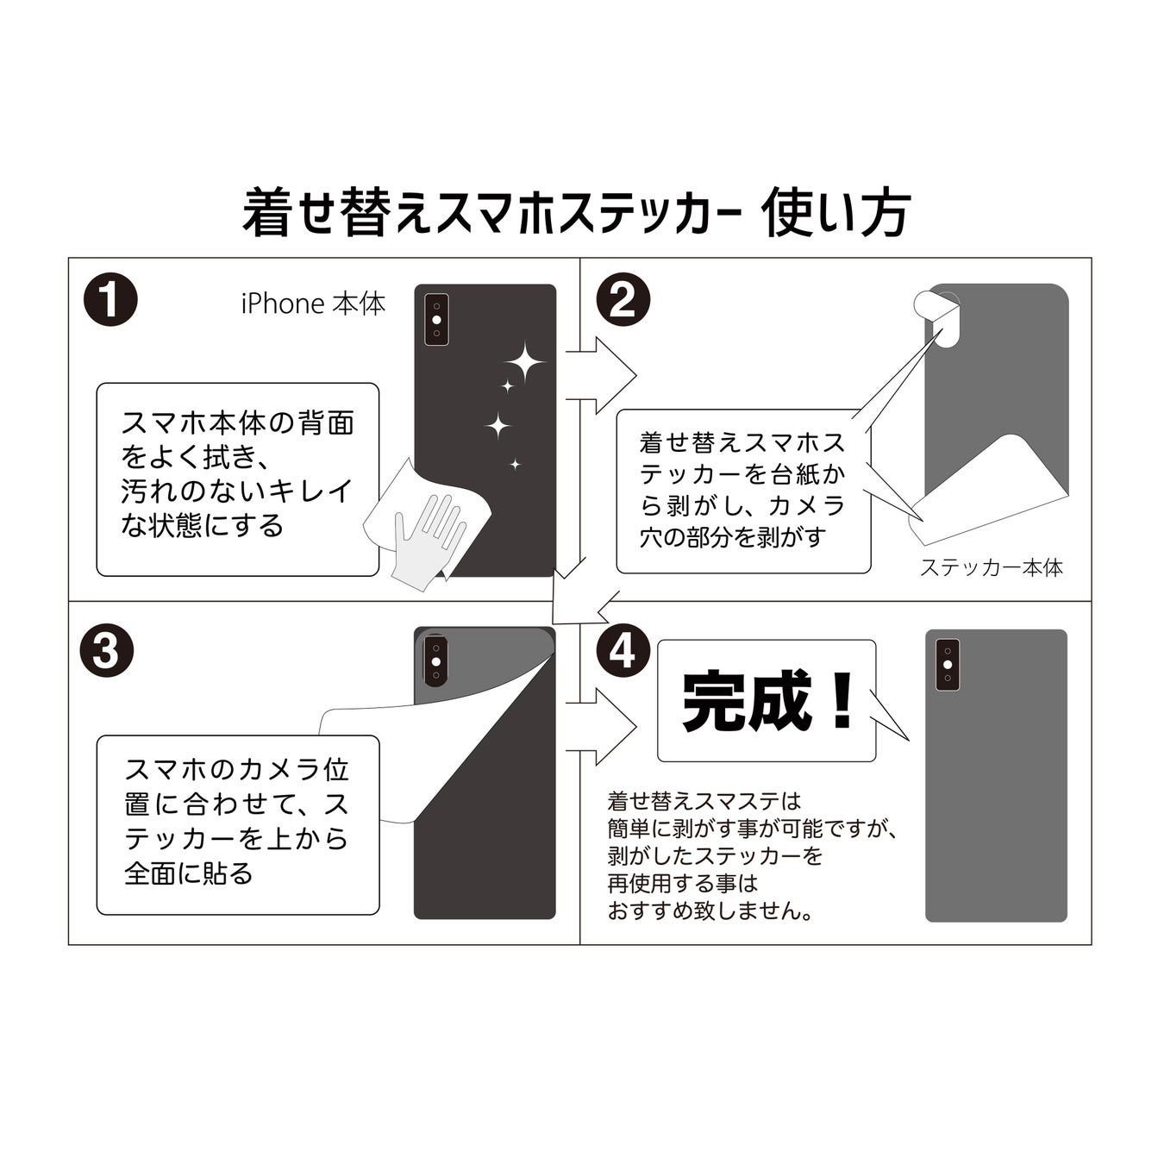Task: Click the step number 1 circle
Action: [110, 299]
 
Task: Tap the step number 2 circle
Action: [623, 299]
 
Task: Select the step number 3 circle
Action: [107, 650]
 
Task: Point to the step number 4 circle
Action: [623, 650]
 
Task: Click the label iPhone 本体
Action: [313, 304]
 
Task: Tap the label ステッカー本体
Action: [992, 567]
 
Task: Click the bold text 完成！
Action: [767, 701]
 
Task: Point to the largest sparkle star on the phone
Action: [524, 362]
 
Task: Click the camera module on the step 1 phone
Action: [437, 320]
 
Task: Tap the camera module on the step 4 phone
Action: [947, 664]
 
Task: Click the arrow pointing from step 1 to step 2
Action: [601, 375]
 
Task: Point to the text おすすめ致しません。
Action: [711, 910]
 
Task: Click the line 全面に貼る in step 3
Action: [189, 873]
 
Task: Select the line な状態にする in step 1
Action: [202, 525]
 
